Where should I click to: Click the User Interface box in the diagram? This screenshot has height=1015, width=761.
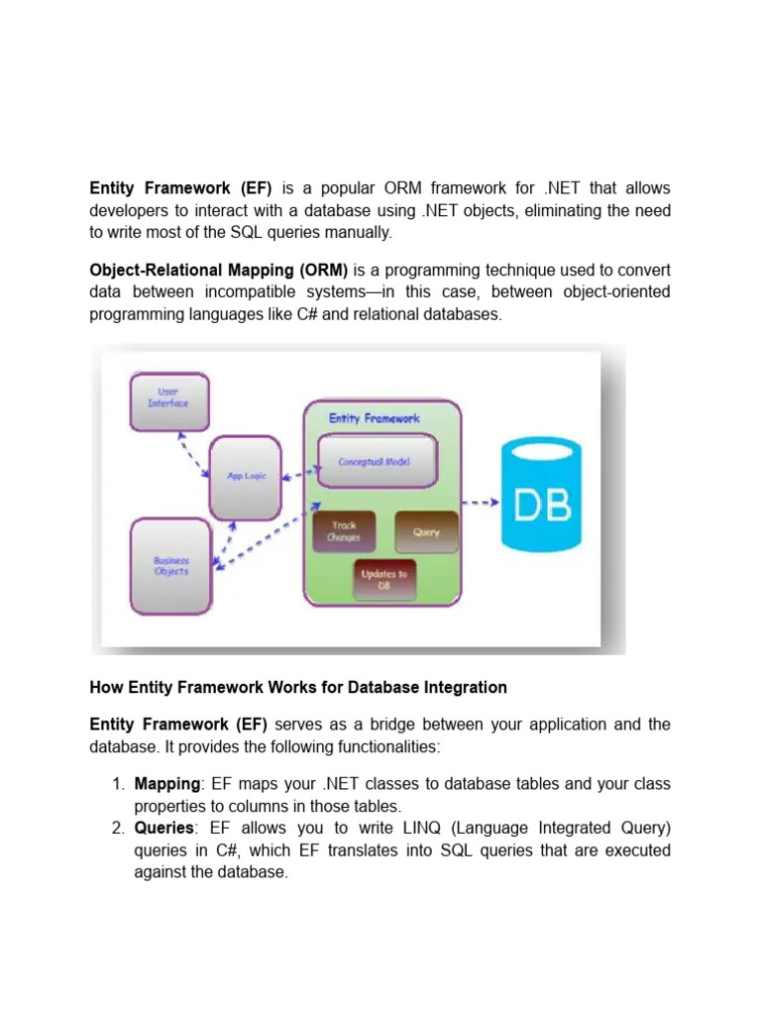click(168, 400)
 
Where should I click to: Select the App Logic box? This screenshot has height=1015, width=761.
click(247, 477)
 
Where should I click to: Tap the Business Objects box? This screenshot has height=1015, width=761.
click(170, 567)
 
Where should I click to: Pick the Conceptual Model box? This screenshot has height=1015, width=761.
click(375, 462)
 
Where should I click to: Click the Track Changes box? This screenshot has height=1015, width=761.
click(345, 531)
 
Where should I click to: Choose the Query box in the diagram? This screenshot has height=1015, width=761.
click(426, 531)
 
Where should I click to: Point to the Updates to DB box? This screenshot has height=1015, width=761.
click(384, 579)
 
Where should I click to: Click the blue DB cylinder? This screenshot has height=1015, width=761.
click(543, 495)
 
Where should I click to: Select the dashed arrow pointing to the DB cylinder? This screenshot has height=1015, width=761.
click(481, 503)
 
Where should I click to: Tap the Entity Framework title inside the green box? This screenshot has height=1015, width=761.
click(375, 418)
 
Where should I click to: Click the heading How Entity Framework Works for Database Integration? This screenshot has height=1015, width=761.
click(298, 687)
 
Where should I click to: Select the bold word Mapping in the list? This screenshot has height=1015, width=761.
click(166, 784)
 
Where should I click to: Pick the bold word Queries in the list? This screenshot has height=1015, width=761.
click(163, 828)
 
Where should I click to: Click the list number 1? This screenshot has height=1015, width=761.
click(117, 784)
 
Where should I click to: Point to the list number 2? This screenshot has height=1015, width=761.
click(117, 828)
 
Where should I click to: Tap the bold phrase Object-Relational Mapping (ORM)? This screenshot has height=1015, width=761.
click(219, 270)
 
